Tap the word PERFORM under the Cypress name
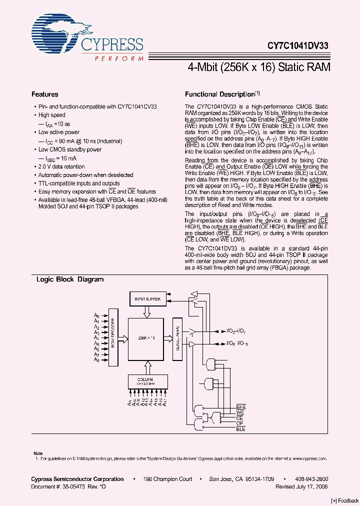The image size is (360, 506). coord(118,58)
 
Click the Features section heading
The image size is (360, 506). coord(44,94)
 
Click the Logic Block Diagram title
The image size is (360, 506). coord(70,279)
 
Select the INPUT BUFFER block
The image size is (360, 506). coord(147,299)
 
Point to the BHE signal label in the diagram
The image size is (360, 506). coord(241,407)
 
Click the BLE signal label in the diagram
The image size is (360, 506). coord(241,429)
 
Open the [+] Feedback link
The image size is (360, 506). coord(345,500)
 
